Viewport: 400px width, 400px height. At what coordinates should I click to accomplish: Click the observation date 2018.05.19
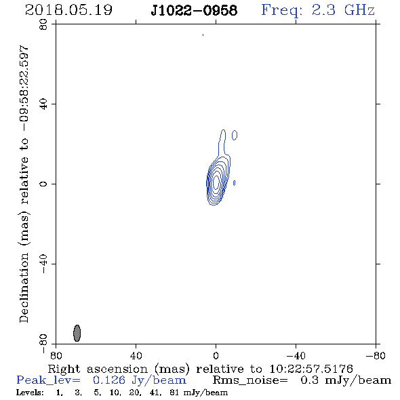[x=68, y=10]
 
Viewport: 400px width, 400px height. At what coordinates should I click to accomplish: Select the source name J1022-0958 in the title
[x=194, y=10]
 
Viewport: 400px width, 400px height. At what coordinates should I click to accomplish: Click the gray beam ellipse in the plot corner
[x=77, y=333]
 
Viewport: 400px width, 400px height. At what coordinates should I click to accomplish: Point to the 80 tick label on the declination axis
[x=43, y=24]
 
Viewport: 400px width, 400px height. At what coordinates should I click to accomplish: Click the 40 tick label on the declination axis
[x=43, y=104]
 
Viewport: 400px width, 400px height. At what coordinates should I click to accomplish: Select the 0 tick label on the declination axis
[x=43, y=184]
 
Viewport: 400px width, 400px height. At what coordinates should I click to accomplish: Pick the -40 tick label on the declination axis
[x=43, y=264]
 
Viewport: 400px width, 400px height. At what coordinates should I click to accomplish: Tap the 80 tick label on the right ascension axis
[x=56, y=355]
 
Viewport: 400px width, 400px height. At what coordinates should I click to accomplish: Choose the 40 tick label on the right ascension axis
[x=136, y=355]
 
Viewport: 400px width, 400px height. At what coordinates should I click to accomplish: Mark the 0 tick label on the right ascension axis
[x=216, y=355]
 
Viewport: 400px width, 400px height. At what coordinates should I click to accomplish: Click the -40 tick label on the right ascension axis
[x=296, y=355]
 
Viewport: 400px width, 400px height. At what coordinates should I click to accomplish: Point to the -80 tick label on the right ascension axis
[x=376, y=355]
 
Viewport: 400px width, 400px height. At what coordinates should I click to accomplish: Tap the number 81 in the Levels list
[x=174, y=393]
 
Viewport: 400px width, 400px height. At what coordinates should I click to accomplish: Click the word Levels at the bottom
[x=30, y=393]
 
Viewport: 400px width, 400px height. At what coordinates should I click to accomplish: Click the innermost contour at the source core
[x=216, y=181]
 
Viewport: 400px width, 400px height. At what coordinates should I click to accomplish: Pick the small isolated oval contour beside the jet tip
[x=235, y=135]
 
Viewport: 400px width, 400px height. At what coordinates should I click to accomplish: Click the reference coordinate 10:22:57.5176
[x=311, y=369]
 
